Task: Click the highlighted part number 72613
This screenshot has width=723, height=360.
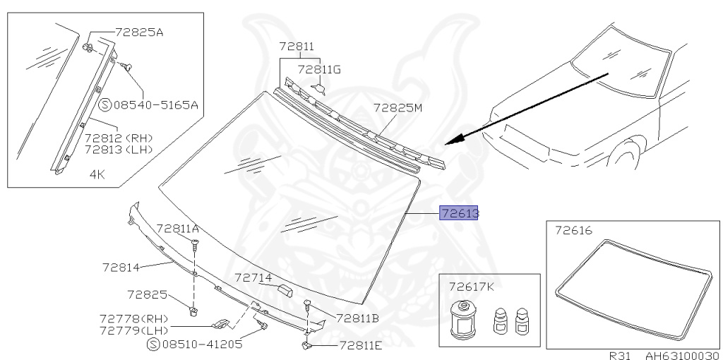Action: pyautogui.click(x=459, y=213)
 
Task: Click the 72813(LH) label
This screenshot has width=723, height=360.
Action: pyautogui.click(x=119, y=149)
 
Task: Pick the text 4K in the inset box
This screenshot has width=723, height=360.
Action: pyautogui.click(x=97, y=173)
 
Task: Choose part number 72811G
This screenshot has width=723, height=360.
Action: pyautogui.click(x=319, y=69)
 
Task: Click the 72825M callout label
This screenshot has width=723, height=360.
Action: pyautogui.click(x=398, y=108)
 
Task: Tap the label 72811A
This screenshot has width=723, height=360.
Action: pyautogui.click(x=177, y=228)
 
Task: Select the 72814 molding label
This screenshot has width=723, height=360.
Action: pyautogui.click(x=122, y=268)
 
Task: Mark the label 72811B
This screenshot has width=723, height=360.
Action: pyautogui.click(x=357, y=318)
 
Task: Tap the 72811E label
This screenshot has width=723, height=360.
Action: pyautogui.click(x=360, y=345)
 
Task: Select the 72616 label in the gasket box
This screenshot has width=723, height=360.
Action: pyautogui.click(x=573, y=231)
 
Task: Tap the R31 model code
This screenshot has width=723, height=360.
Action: pyautogui.click(x=620, y=355)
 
